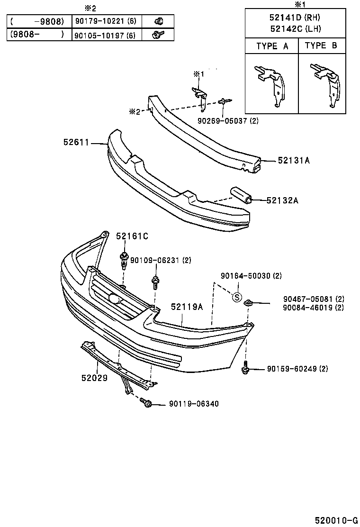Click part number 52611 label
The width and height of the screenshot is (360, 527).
pos(76,142)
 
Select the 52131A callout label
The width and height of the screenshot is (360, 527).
pos(294,161)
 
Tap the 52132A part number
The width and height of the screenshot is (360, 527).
pos(282,200)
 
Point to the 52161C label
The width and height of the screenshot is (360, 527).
pos(132,236)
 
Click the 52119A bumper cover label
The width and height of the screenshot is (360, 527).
pos(187,307)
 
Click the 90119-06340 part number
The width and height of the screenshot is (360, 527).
pos(193,404)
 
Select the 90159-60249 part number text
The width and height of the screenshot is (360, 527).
pos(297,369)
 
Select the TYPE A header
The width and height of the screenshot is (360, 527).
pos(272,46)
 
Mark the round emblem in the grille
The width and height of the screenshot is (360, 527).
pos(114,298)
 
